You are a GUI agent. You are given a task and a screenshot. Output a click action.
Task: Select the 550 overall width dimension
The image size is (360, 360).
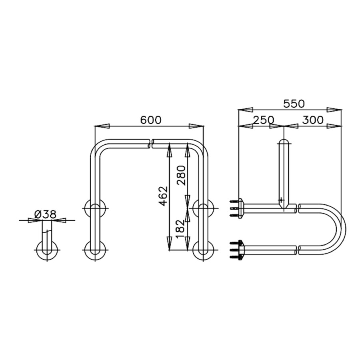294,104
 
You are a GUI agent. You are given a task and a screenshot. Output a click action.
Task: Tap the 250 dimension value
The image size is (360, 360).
263,120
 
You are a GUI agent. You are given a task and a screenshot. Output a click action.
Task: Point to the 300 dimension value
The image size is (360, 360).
313,120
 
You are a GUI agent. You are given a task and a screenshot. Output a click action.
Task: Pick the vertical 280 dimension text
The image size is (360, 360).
182,175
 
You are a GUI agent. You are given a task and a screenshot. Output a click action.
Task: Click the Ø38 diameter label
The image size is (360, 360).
46,214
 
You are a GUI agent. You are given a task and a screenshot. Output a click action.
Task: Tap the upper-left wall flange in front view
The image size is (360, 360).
94,208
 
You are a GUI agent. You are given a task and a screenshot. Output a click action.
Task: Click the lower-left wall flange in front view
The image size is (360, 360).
94,251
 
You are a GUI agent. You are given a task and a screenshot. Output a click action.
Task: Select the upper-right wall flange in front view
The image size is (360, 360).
203,208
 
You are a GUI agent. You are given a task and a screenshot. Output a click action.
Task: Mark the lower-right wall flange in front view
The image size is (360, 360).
203,251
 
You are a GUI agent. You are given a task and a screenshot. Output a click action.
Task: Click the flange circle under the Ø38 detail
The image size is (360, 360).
47,251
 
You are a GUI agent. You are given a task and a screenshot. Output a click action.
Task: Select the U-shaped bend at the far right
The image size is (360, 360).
338,229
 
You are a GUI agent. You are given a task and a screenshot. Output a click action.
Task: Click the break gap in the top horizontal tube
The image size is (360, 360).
151,143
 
